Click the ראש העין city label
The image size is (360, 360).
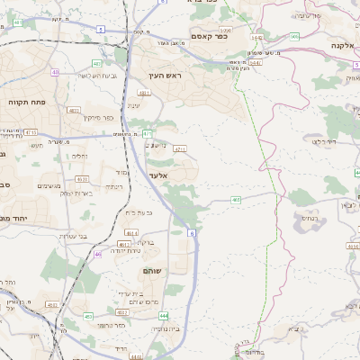[167, 76]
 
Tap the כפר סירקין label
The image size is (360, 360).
[97, 117]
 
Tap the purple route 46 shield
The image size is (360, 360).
[98, 255]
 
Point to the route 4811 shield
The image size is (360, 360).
[143, 93]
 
